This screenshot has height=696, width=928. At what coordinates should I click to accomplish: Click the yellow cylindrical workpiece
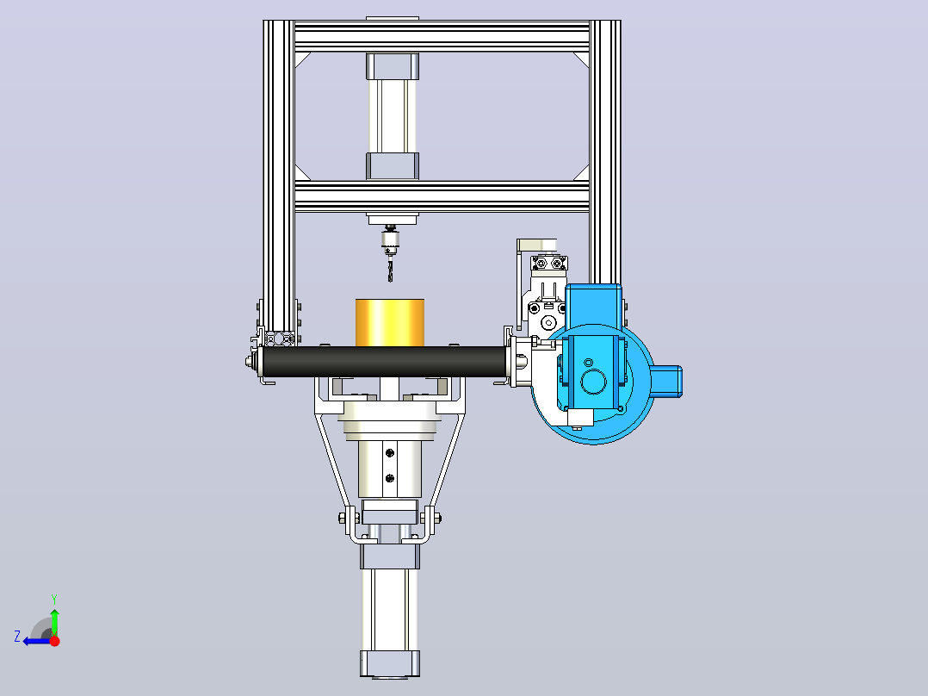point(389,322)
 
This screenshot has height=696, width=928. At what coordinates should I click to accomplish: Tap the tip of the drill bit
point(390,282)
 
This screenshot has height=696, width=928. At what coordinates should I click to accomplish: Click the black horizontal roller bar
point(384,362)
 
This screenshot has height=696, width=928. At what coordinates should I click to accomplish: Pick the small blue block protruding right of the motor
point(666,381)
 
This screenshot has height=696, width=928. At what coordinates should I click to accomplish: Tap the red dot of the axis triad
point(54,641)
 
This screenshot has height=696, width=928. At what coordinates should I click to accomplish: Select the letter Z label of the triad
point(17,637)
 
